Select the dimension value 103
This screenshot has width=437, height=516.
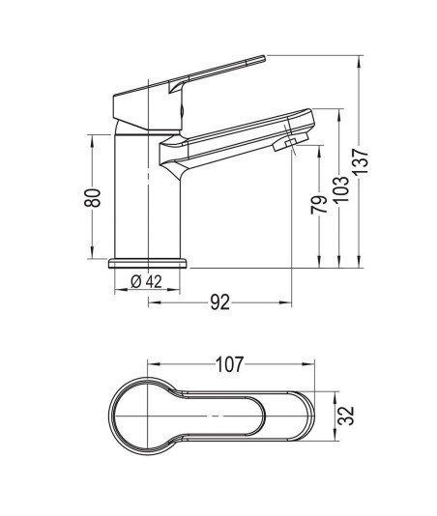(x=342, y=189)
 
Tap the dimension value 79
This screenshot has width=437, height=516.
(x=319, y=205)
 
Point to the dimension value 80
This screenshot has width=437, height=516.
(x=92, y=197)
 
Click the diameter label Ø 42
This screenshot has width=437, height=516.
(x=147, y=282)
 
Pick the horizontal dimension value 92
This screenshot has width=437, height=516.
(x=220, y=302)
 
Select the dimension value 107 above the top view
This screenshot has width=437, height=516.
(x=229, y=364)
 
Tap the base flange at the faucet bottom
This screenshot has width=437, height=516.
(x=148, y=263)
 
